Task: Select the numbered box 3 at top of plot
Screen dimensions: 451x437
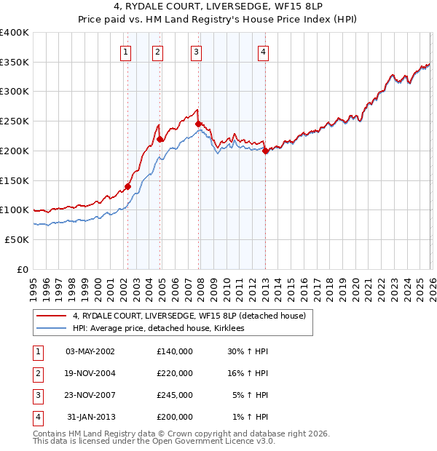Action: [197, 52]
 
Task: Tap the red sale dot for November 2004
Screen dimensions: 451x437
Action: [160, 139]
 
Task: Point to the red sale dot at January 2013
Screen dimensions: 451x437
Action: [265, 151]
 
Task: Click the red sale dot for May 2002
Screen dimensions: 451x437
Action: [127, 186]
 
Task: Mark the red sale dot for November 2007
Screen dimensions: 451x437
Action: [198, 124]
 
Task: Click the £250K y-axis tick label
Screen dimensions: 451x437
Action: [14, 121]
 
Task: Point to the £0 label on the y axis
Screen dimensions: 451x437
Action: [22, 269]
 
